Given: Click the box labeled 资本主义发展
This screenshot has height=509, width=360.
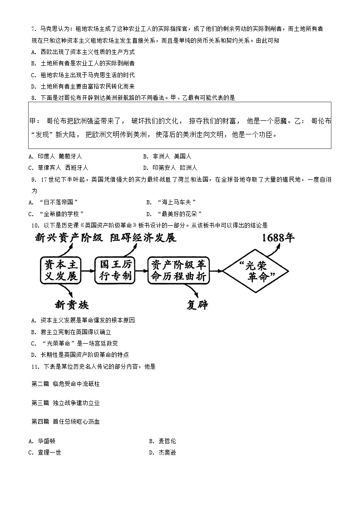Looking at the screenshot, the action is [60, 270].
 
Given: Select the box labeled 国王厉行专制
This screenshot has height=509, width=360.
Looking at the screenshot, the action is [115, 270].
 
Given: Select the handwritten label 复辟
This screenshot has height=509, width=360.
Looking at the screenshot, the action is [197, 304].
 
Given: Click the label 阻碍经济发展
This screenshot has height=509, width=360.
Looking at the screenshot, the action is [142, 237].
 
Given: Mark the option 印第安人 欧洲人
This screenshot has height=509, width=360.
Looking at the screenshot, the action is [175, 168].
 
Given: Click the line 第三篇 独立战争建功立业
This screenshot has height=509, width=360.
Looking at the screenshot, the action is [65, 403].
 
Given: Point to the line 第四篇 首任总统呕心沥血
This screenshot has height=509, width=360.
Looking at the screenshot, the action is [65, 421].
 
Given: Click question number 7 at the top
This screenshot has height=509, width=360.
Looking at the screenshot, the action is [33, 29].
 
